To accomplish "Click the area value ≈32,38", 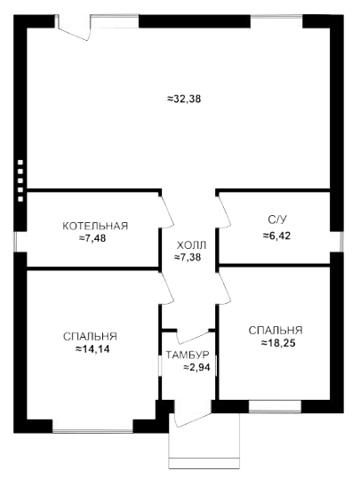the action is tap(184, 99).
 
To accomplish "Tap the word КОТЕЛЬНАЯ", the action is tap(95, 226).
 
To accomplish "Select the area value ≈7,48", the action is tap(92, 238).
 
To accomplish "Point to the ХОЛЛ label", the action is tap(191, 245).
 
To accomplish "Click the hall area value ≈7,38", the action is tap(188, 258).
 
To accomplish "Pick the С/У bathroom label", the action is tap(277, 220).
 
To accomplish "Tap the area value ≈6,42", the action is tap(276, 236).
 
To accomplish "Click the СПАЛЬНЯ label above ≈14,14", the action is tap(90, 336).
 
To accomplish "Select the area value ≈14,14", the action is tap(92, 349).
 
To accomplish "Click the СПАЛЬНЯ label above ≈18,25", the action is tap(276, 331).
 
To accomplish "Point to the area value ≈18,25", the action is tap(278, 343).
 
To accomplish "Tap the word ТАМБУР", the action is tap(188, 355).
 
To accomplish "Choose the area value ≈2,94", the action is tap(196, 367).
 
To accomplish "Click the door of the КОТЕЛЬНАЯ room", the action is tap(167, 212).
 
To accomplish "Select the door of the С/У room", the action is tap(224, 212).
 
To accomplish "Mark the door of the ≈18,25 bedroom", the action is tap(224, 287).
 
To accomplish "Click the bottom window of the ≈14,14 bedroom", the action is tap(92, 430).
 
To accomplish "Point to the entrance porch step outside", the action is tap(204, 463).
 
